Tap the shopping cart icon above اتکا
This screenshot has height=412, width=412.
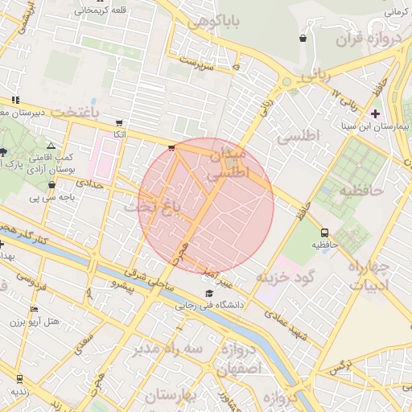click(120, 123)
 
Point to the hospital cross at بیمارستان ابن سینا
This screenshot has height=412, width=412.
click(376, 113)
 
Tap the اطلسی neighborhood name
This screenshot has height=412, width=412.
click(299, 137)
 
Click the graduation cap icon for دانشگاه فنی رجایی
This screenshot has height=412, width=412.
click(209, 293)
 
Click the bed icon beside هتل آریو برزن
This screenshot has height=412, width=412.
click(34, 310)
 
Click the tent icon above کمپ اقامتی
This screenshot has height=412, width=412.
click(51, 146)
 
